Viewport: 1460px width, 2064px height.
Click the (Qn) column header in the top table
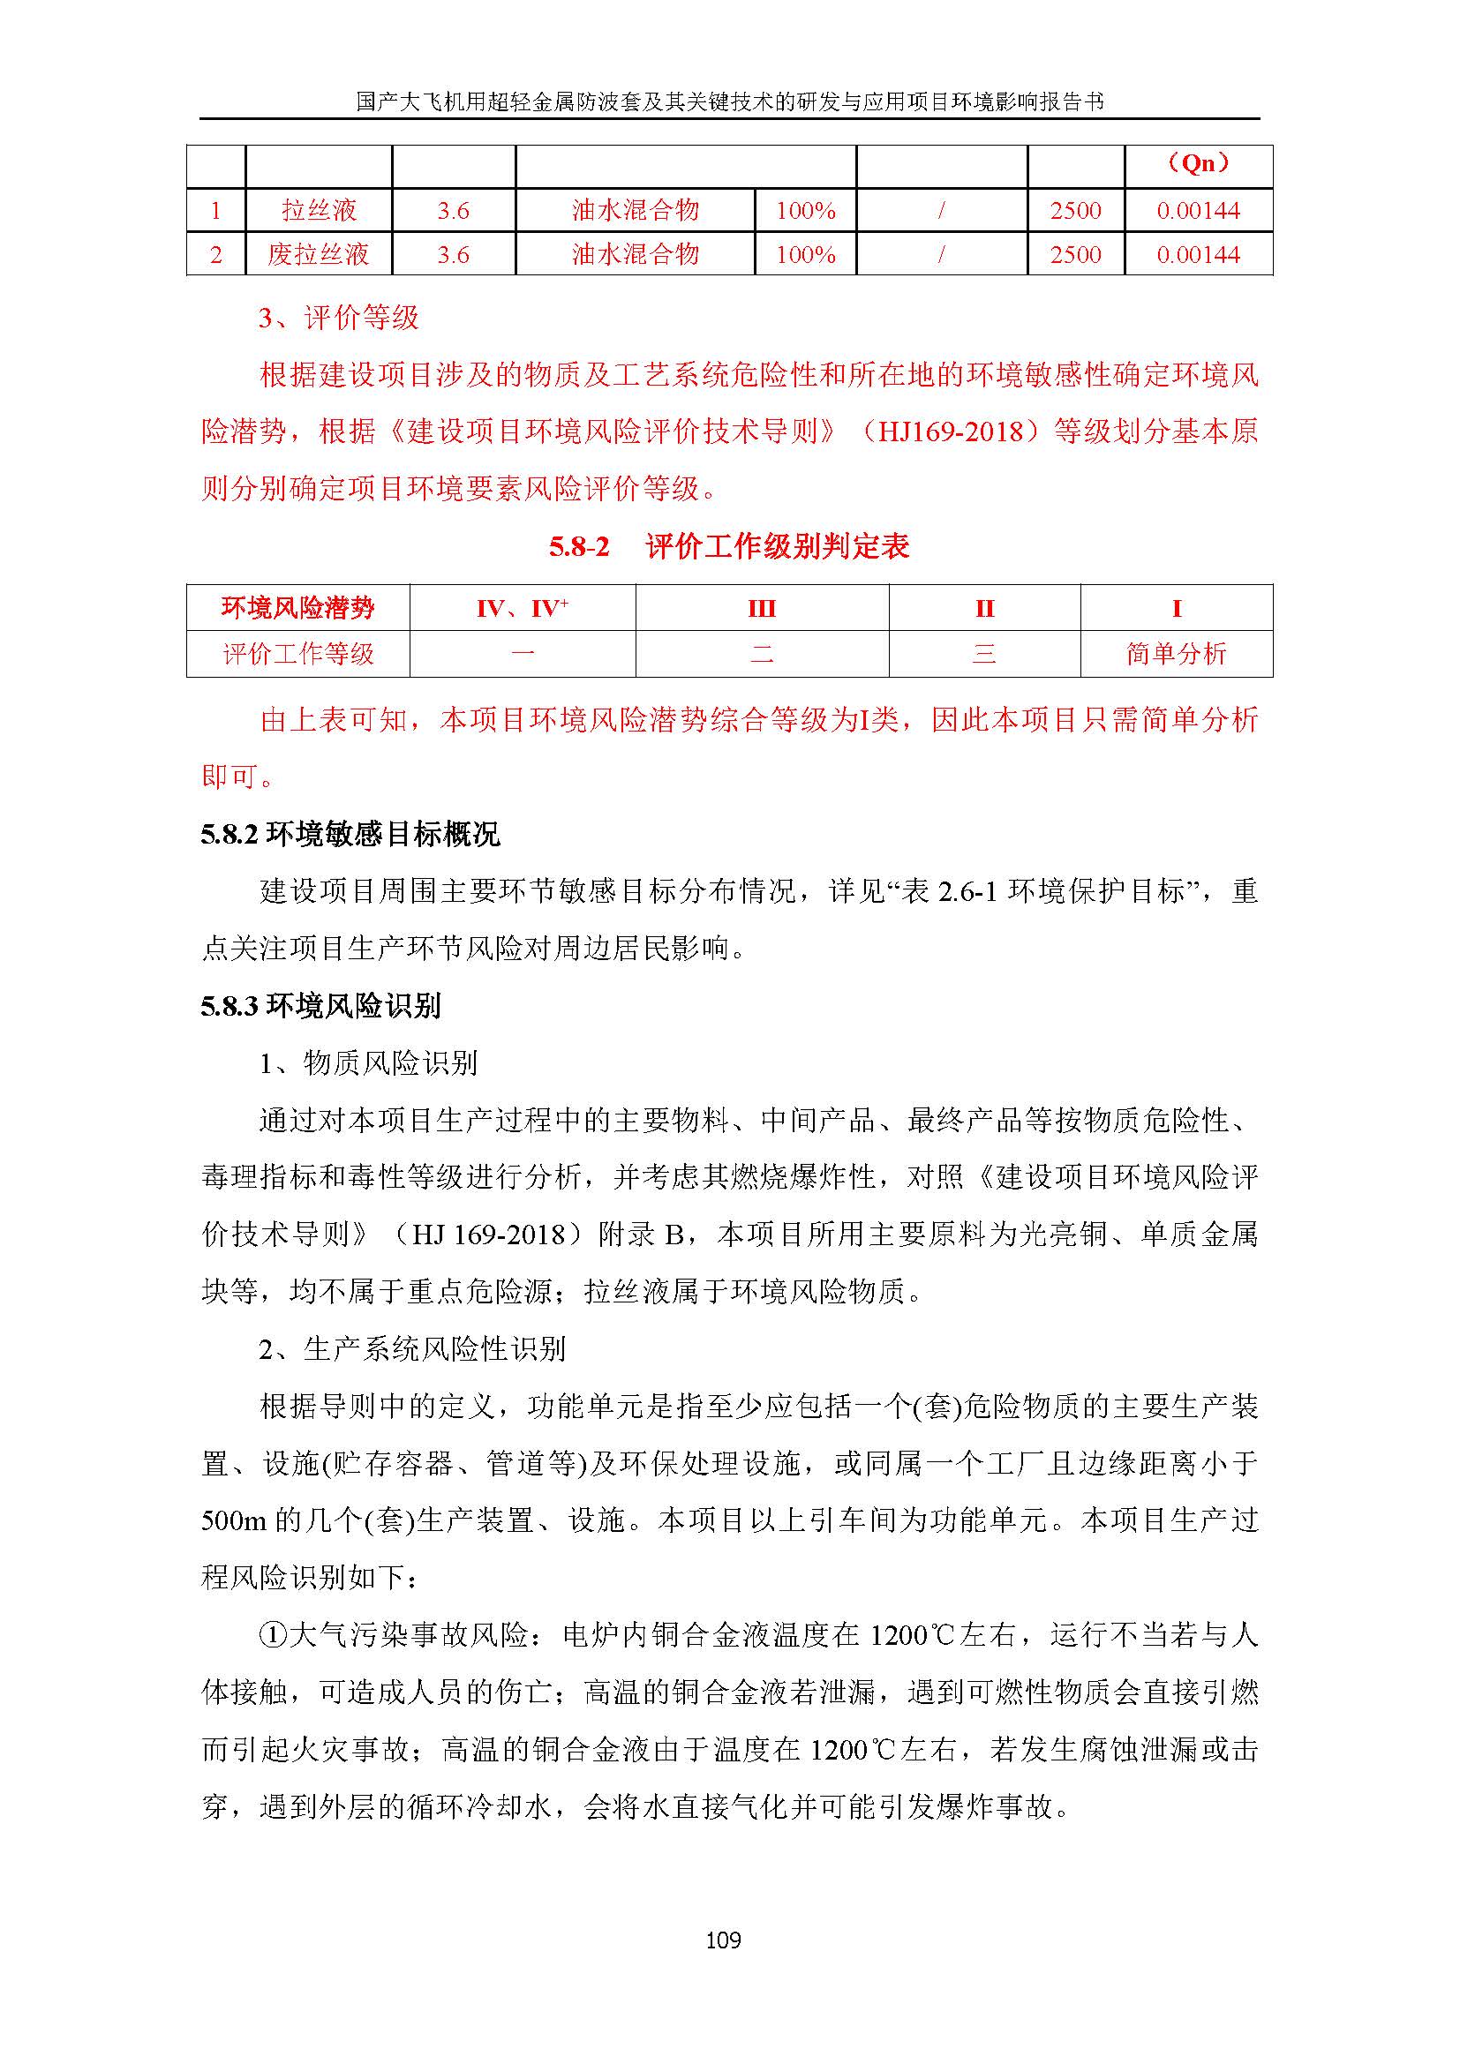pos(1199,162)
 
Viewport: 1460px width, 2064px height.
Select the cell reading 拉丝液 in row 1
pos(320,210)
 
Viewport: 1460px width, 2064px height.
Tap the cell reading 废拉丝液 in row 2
pos(319,254)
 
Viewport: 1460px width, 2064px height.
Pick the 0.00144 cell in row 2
pos(1199,254)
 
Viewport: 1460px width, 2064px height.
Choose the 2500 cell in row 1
pos(1075,210)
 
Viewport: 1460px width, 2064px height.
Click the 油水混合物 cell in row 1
pos(635,210)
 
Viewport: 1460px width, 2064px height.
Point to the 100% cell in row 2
pos(806,254)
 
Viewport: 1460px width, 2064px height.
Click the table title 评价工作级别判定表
pos(777,545)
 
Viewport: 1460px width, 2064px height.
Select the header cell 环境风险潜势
pos(297,609)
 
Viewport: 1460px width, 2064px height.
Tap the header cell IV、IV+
pos(523,609)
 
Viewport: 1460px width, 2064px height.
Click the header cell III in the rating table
pos(762,609)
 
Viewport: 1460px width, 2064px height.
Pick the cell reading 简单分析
pos(1176,654)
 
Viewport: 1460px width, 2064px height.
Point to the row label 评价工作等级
pos(297,654)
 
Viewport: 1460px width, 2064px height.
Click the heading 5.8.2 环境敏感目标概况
pos(350,834)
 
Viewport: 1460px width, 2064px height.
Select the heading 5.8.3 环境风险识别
pos(321,1006)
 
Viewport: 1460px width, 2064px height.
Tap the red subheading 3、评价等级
pos(339,318)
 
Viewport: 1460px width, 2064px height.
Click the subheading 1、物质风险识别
pos(368,1063)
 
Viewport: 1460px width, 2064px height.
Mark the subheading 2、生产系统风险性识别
pos(411,1349)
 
